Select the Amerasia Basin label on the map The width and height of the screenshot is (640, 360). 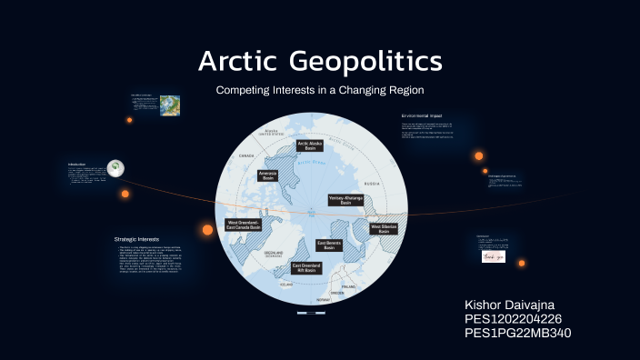268,175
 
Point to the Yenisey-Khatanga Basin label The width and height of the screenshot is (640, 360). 345,200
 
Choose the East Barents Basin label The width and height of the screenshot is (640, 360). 328,245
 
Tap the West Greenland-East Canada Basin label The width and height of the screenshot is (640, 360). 244,225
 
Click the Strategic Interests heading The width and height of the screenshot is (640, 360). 135,239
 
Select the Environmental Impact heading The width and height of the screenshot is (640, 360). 434,117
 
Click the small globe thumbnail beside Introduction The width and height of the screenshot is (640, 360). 115,167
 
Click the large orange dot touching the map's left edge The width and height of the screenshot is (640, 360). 207,229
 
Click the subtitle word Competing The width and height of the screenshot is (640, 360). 242,91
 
